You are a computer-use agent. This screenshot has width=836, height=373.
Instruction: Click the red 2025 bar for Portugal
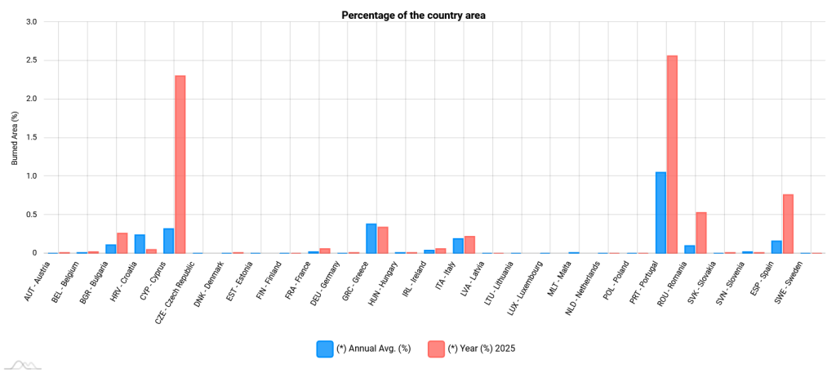[672, 154]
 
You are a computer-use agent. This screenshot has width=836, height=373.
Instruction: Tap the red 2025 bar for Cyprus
[180, 164]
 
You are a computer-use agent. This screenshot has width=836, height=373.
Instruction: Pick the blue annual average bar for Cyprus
[168, 241]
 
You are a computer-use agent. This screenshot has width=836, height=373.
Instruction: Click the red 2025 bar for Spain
[788, 224]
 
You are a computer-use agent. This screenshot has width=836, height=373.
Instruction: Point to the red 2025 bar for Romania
[701, 233]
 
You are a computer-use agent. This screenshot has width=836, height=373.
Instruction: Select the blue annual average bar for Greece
[371, 238]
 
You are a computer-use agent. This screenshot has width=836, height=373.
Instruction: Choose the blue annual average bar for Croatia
[140, 244]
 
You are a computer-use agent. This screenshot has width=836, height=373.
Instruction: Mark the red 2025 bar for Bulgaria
[122, 243]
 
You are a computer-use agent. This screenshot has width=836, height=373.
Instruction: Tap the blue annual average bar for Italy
[458, 246]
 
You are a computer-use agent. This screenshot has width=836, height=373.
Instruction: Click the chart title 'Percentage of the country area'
[413, 15]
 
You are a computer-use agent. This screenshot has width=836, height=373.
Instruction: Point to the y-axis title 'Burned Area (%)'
[15, 138]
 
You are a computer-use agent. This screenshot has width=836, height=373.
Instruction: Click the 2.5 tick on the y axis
[31, 60]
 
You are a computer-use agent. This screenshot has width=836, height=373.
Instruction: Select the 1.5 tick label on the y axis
[31, 137]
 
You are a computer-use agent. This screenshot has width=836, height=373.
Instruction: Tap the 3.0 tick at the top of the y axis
[31, 21]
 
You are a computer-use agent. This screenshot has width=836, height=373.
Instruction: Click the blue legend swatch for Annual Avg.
[324, 349]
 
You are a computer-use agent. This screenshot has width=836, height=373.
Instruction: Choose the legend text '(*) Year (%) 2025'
[482, 349]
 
